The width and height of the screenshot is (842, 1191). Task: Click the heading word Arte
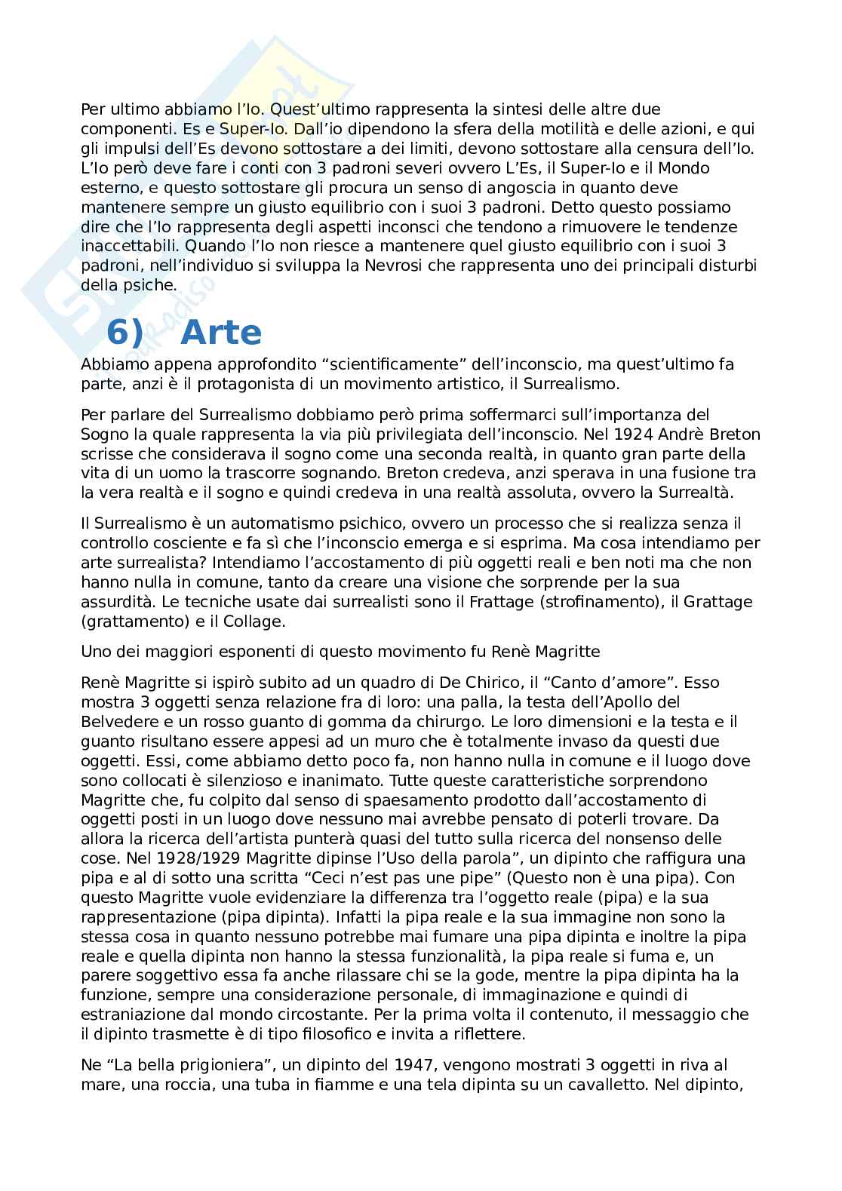pyautogui.click(x=222, y=333)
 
